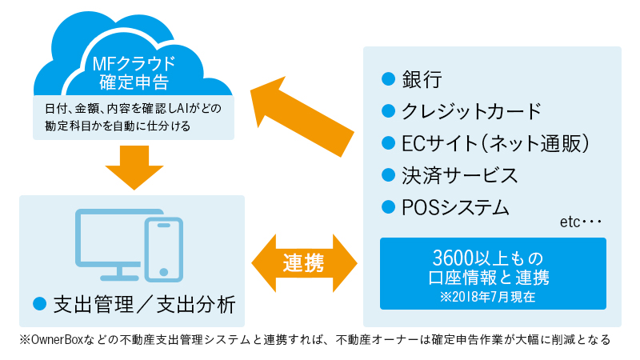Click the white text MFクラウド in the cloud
coord(134,64)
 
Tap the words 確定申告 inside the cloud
coord(134,82)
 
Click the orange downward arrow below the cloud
coord(134,167)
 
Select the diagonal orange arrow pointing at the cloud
coord(302,116)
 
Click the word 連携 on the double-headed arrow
coord(304,263)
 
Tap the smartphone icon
coord(164,250)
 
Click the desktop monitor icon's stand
coord(119,274)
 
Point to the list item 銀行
coord(422,79)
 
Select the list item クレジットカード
coord(471,111)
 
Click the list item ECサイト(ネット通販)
coord(495,143)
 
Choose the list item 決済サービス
coord(459,175)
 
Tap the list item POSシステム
coord(455,208)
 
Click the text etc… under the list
coord(581,222)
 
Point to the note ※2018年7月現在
coord(488,297)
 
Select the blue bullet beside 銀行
coord(388,78)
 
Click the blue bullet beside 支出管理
coord(39,303)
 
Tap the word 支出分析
coord(196,305)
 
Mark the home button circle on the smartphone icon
coord(164,272)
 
